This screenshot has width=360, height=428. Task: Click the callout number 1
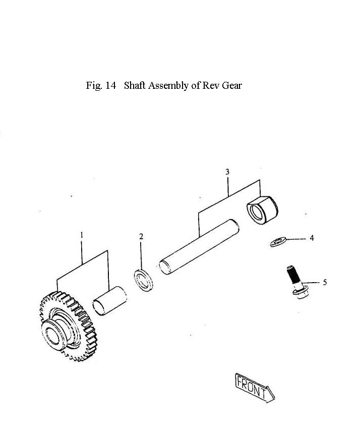point(82,235)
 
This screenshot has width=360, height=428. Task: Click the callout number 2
point(141,236)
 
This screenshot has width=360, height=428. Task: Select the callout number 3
point(227,172)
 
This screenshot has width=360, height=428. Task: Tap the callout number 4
point(312,238)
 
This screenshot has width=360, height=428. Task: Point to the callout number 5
point(325,282)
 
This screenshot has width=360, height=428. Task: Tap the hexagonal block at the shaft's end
point(262,209)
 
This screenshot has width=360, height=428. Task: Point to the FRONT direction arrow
point(254,387)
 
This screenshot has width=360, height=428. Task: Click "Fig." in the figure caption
point(94,86)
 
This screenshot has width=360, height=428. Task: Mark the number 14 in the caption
point(111,85)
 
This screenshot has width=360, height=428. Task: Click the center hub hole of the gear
point(53,333)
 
